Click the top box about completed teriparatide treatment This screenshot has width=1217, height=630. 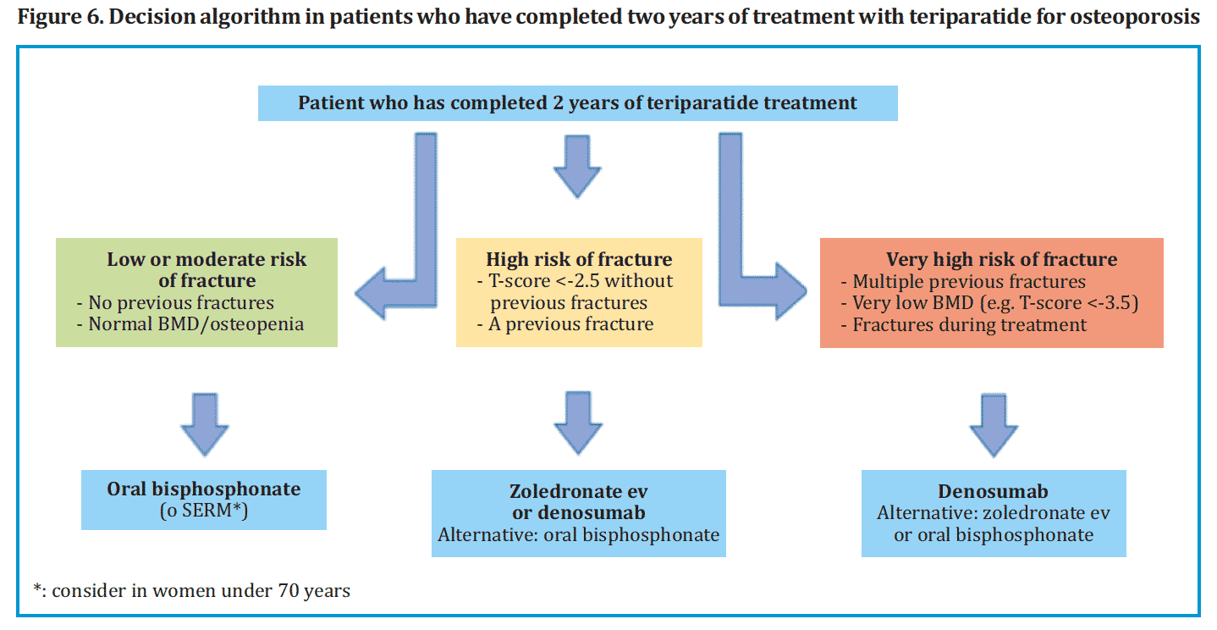[x=577, y=103]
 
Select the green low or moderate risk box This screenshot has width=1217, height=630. [x=196, y=292]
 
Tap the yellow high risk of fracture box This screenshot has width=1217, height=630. [x=579, y=292]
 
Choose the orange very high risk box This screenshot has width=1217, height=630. [x=992, y=293]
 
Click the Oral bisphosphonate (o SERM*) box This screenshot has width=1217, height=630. [x=204, y=500]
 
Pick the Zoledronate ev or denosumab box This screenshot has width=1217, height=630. [x=579, y=513]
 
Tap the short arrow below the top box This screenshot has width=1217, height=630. [x=577, y=166]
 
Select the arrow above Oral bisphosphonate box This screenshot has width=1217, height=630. [x=205, y=424]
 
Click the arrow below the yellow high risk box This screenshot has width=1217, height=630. [x=578, y=423]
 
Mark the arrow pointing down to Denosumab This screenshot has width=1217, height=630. [x=994, y=425]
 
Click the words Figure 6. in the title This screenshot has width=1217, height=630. [x=60, y=17]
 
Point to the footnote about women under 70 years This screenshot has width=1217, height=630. [x=192, y=590]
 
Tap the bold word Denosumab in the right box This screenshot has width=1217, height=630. [x=994, y=491]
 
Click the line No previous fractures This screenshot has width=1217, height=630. [x=175, y=303]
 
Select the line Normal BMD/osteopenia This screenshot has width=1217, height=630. [x=190, y=324]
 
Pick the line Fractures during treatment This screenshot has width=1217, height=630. [x=963, y=324]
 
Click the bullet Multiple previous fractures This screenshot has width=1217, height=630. [x=963, y=282]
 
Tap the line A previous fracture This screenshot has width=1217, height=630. [x=565, y=324]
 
